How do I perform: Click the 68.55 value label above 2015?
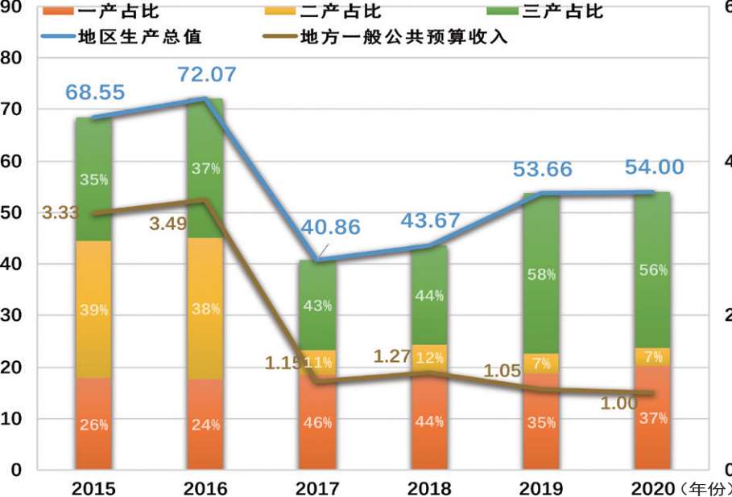[95, 92]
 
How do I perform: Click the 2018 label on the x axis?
[427, 488]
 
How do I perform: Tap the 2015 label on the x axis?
[93, 488]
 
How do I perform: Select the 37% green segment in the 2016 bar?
[206, 168]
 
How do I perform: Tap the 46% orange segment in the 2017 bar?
[317, 422]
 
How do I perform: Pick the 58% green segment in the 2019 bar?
[541, 274]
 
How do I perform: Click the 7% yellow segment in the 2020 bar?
[652, 356]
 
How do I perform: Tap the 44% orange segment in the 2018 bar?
[428, 422]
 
